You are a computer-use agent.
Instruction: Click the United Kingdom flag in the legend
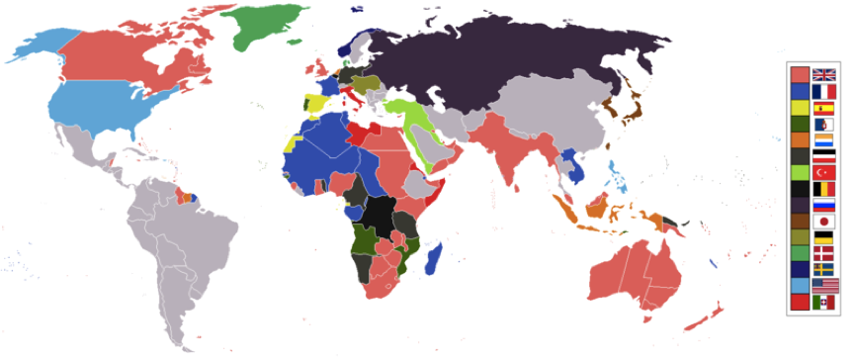click(823, 74)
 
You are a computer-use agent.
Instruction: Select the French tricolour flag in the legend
click(823, 91)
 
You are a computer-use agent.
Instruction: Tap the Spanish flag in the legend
click(823, 108)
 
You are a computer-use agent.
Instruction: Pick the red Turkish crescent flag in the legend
click(823, 171)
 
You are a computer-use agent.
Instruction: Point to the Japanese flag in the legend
click(823, 222)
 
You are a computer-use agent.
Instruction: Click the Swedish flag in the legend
click(823, 269)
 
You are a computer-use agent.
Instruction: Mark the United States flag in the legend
click(823, 285)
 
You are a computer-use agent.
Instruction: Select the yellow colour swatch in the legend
click(800, 108)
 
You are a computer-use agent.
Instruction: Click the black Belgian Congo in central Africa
click(378, 214)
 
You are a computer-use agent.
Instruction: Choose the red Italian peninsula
click(352, 100)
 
